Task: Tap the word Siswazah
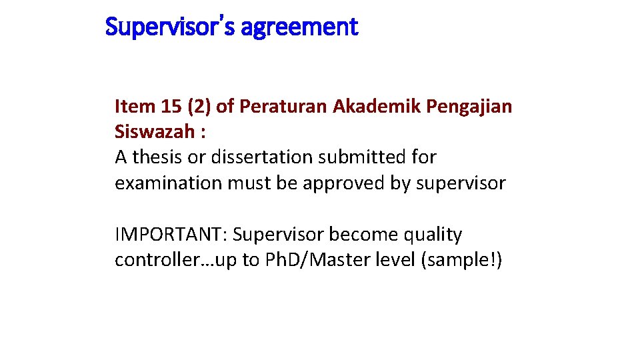[154, 131]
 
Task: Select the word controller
[153, 260]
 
